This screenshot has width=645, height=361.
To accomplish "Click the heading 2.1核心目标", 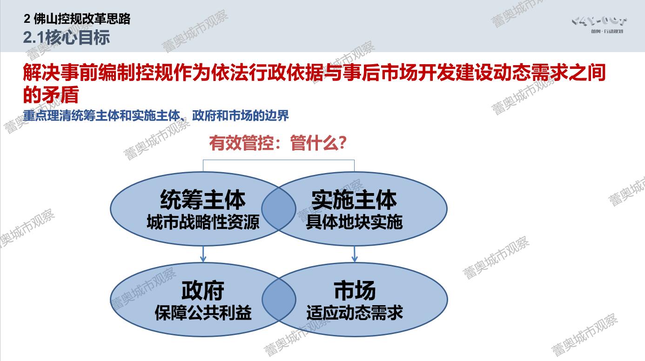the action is [x=67, y=37].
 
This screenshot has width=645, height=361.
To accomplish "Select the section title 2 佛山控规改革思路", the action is [x=77, y=19].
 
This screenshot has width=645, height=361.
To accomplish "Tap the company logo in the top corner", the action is [x=599, y=25].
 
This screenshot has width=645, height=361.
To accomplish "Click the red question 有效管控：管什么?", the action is [x=278, y=143].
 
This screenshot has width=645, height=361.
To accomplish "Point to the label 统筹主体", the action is [x=203, y=200].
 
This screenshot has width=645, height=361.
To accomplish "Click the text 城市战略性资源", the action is [x=203, y=222].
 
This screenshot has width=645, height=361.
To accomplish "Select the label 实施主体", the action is [x=354, y=200].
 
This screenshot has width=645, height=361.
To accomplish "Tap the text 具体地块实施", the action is [x=354, y=222].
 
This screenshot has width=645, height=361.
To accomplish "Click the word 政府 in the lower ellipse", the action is [x=203, y=290].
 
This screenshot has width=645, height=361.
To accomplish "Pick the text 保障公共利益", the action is [x=203, y=313].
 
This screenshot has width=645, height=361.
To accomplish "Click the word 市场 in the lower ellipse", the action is [x=355, y=290].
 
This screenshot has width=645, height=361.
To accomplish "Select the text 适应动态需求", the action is [x=355, y=313].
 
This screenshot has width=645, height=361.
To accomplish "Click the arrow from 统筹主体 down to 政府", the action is [x=203, y=254].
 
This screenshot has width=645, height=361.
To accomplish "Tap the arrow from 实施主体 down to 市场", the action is [x=355, y=254].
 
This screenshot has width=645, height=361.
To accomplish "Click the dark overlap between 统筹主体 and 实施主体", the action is [x=279, y=209].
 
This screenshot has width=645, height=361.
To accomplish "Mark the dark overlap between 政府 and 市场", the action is [x=279, y=300].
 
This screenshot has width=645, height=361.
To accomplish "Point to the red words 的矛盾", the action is [x=51, y=95].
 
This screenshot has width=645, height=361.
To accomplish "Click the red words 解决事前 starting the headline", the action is [x=60, y=72].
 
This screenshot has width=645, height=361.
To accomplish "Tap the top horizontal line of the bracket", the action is [x=279, y=160].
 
